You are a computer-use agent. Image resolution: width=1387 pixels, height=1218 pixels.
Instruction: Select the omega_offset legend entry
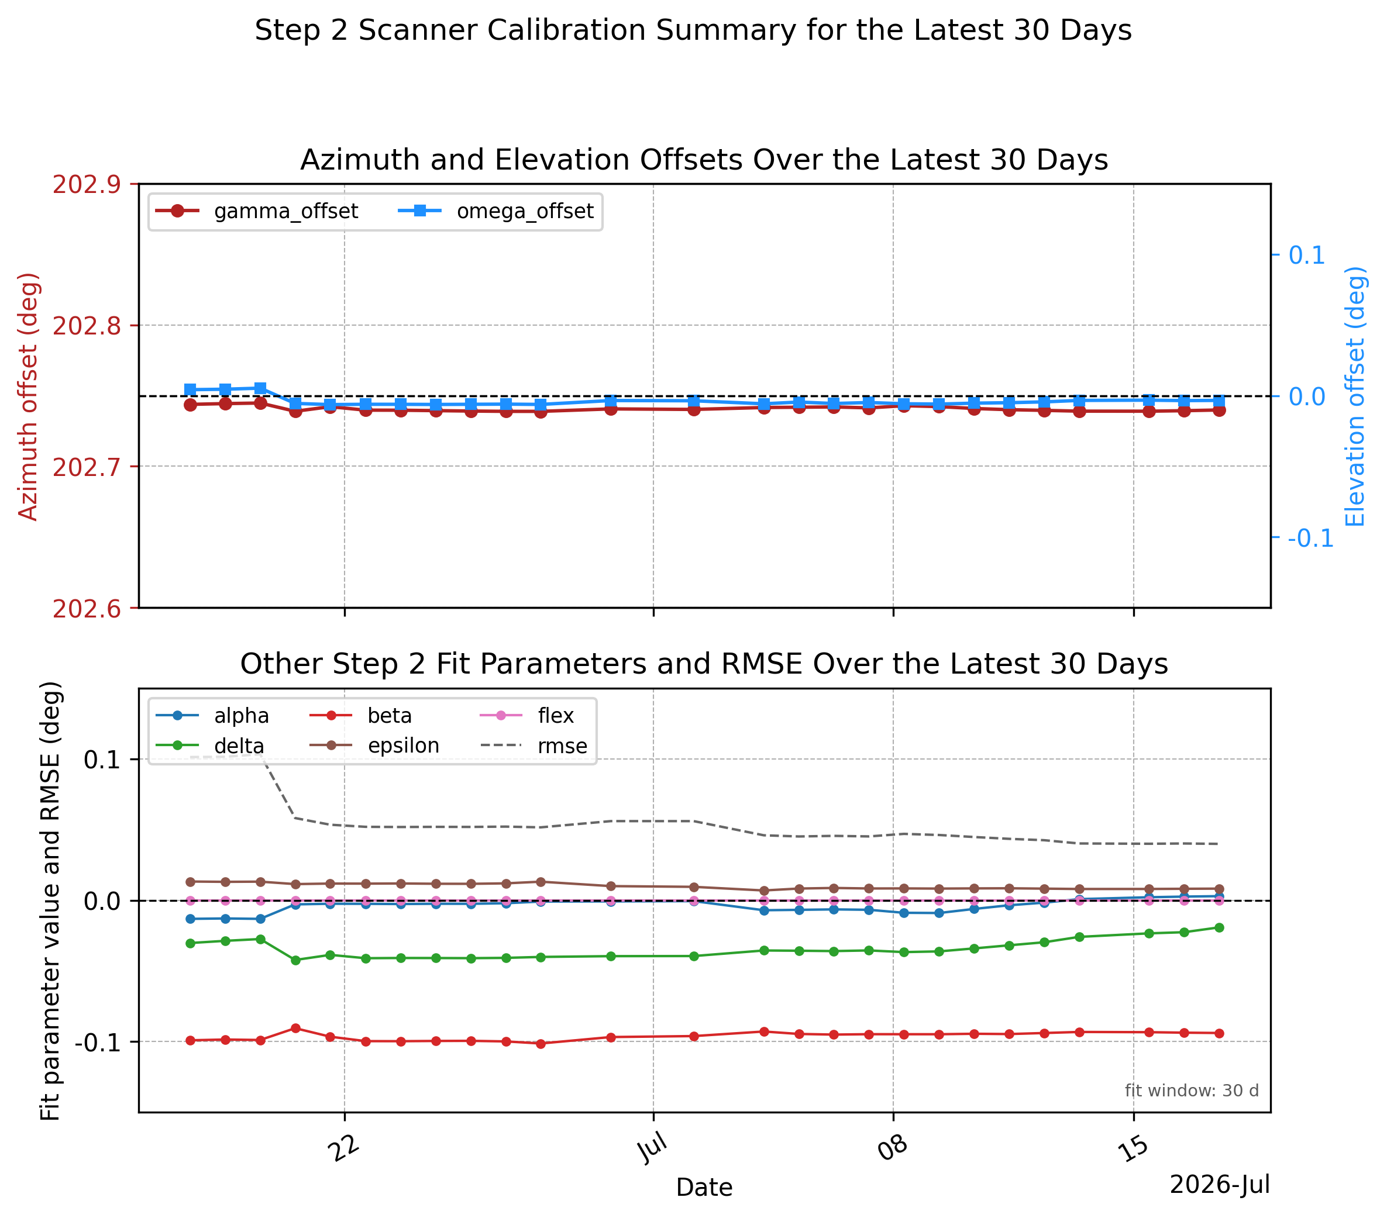point(495,212)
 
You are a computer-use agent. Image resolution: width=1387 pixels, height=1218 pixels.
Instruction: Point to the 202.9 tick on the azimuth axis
point(87,184)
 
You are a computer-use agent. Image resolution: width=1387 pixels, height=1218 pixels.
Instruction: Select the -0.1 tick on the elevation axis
point(1310,539)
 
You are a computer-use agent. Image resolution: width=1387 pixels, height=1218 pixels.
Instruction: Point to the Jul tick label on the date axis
point(653,1150)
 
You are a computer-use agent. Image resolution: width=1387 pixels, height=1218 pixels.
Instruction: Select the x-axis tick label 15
point(1133,1150)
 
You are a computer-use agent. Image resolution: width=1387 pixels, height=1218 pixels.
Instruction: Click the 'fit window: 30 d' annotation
point(1192,1091)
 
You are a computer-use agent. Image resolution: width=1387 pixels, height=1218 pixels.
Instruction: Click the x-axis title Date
point(704,1188)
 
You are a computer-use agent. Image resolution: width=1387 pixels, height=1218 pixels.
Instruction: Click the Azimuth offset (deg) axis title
point(28,396)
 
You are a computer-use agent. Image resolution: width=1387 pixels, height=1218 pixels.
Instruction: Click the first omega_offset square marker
point(190,390)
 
